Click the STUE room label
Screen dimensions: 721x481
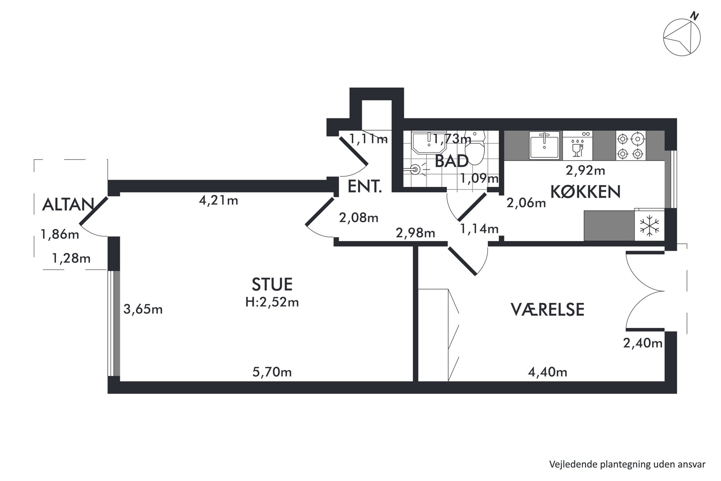[x=272, y=284]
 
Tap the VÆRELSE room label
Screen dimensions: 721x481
[x=548, y=309]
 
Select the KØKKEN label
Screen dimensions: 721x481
[x=585, y=192]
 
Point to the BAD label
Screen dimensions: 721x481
[x=451, y=161]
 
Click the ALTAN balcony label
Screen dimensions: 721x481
[x=68, y=205]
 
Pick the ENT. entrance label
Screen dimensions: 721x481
[x=365, y=187]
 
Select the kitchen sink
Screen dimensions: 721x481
[x=544, y=145]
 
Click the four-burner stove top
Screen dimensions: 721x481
[x=631, y=146]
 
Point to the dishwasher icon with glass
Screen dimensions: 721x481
[x=577, y=145]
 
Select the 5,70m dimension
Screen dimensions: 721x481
[x=272, y=372]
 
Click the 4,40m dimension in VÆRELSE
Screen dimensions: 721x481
[x=547, y=372]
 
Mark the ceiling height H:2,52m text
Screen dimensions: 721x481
[x=272, y=302]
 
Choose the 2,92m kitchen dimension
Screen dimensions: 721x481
[x=585, y=170]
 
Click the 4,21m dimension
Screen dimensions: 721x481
[x=218, y=200]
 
